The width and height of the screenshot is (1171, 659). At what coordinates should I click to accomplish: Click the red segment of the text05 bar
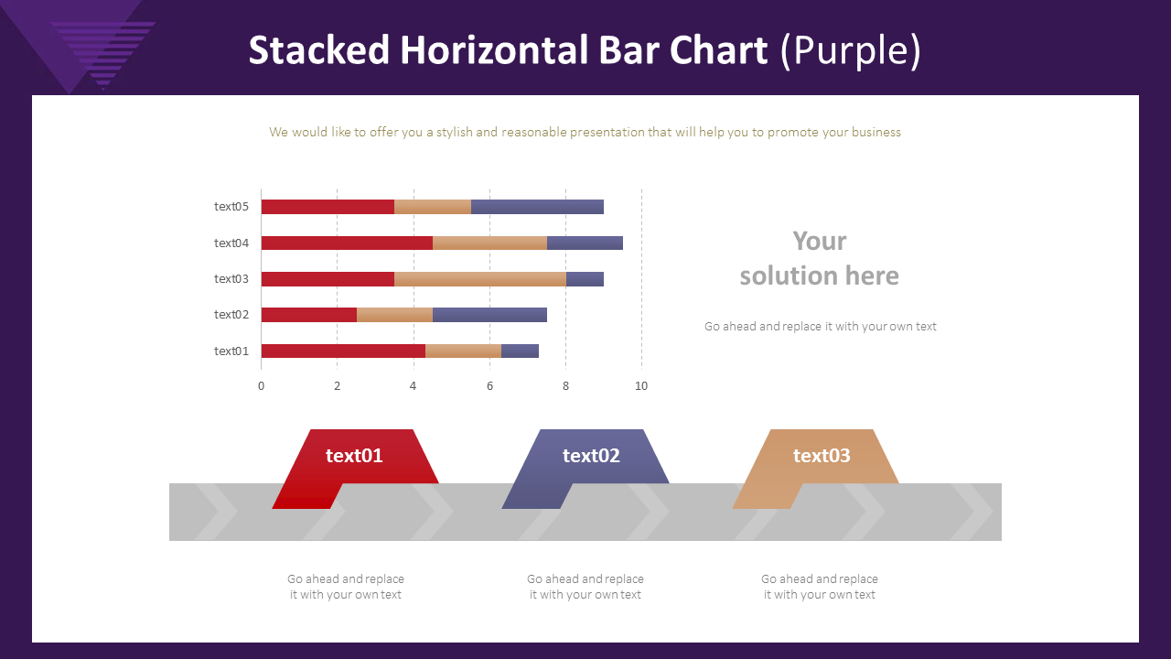click(328, 207)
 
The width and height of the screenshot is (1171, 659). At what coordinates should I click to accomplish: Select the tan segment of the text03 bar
click(479, 279)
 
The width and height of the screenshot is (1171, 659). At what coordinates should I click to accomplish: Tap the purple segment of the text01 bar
click(520, 351)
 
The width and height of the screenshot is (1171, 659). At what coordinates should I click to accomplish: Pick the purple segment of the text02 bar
click(489, 315)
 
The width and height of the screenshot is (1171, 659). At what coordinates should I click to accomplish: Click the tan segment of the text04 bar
click(489, 243)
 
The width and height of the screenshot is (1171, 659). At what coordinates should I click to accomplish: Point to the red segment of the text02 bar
click(308, 315)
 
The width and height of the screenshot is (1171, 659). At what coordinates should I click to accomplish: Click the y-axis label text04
click(231, 243)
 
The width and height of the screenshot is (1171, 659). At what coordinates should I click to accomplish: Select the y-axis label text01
click(231, 351)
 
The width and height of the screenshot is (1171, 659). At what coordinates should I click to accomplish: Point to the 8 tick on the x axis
click(565, 386)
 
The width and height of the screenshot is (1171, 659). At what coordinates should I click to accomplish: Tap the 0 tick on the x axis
click(261, 386)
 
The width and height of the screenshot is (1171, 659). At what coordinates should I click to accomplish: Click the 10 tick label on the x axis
click(641, 386)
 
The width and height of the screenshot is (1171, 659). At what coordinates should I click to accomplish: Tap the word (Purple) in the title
click(850, 51)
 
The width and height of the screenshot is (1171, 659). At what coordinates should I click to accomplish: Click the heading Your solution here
click(819, 258)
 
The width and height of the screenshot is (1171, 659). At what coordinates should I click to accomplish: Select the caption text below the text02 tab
click(585, 587)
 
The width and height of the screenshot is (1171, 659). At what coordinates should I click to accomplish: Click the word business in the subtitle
click(876, 133)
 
